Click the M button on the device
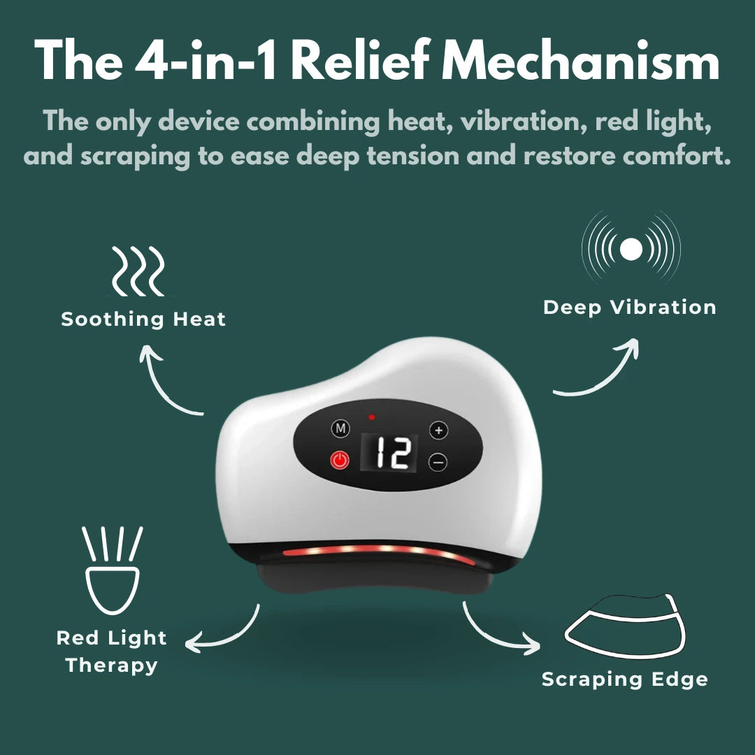[340, 428]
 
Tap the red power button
[340, 461]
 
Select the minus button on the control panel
[438, 462]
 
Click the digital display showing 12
[389, 454]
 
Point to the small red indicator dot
[372, 417]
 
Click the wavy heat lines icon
[138, 271]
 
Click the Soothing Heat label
[143, 319]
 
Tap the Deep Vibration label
[629, 308]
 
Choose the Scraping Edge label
[624, 679]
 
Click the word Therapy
[111, 665]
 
